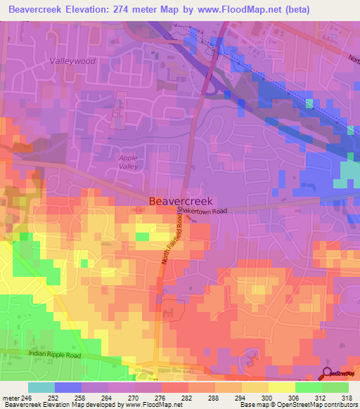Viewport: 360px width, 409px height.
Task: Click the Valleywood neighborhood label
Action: tap(72, 61)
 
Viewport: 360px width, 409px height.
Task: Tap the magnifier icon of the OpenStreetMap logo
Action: tap(328, 374)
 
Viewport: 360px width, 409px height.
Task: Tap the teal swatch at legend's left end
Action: tap(41, 387)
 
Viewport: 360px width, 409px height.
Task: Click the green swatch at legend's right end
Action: tap(335, 387)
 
